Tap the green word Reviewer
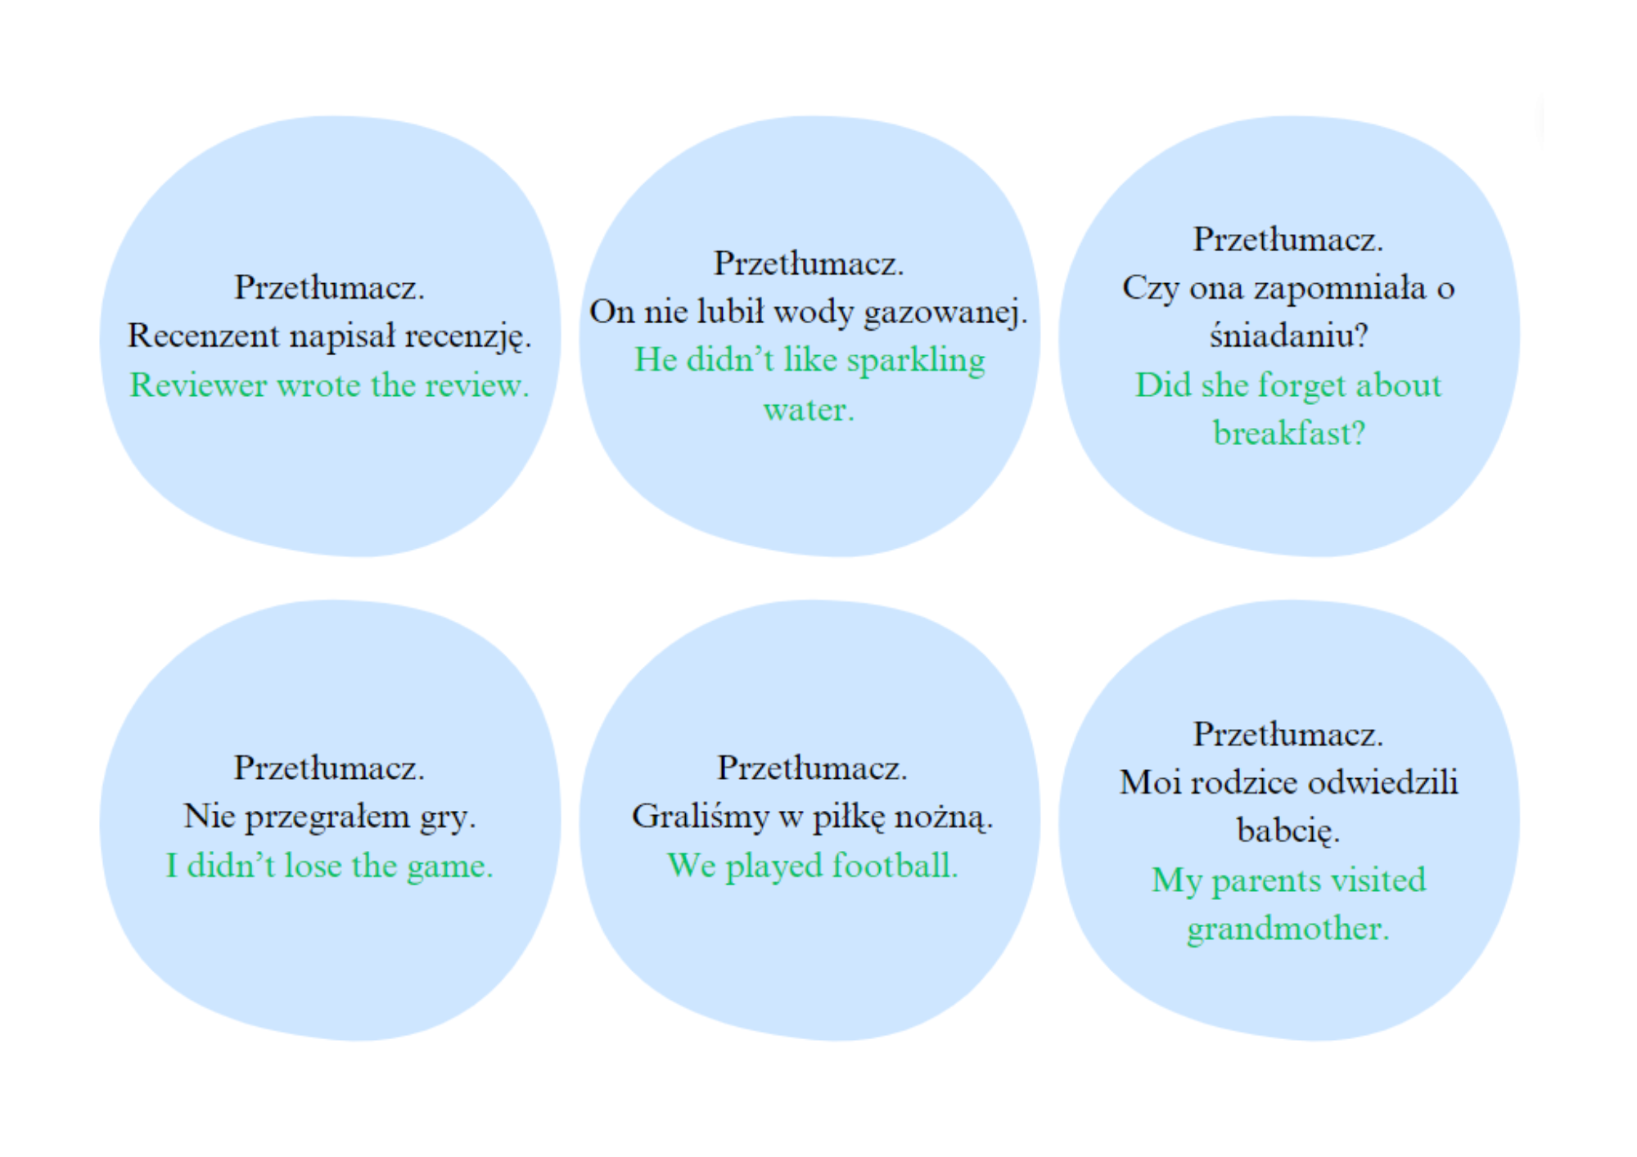click(x=198, y=385)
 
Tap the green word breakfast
click(x=1282, y=433)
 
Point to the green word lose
click(x=313, y=865)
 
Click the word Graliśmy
click(x=700, y=817)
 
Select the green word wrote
click(x=318, y=385)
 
